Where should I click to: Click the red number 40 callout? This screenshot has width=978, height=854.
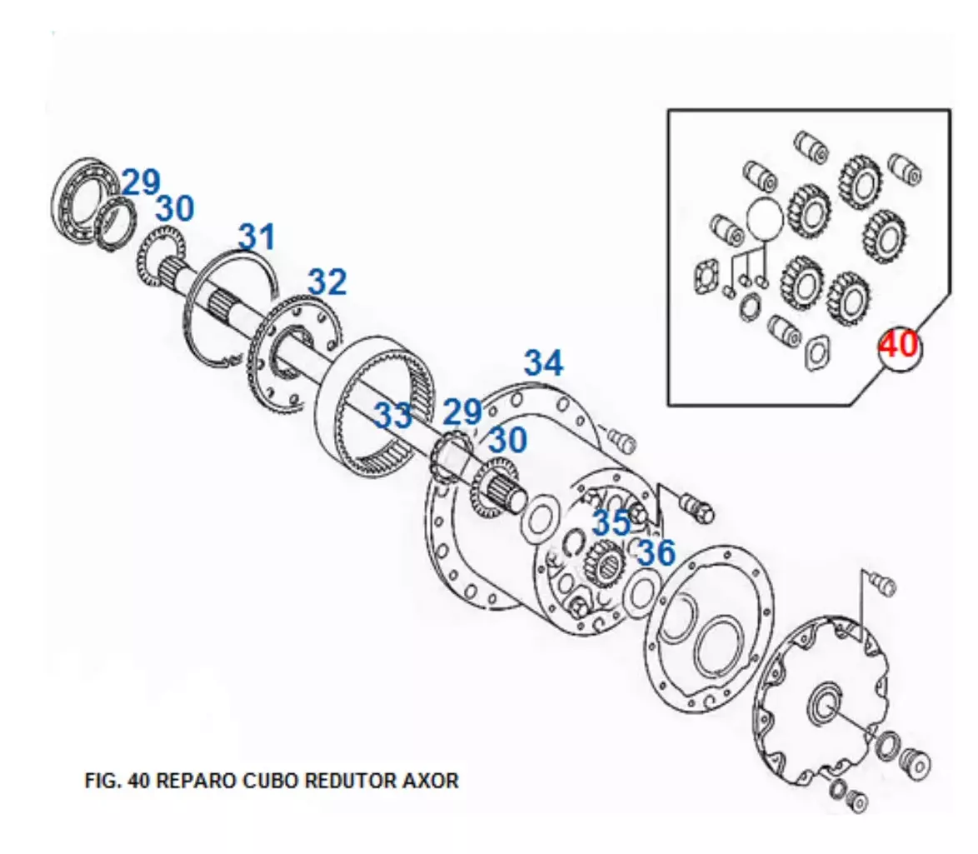(x=899, y=344)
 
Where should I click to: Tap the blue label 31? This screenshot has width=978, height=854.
(x=257, y=237)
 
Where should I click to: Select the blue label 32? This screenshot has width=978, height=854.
(x=327, y=282)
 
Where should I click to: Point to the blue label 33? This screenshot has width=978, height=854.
(x=393, y=415)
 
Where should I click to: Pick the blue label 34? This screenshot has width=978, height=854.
(x=543, y=362)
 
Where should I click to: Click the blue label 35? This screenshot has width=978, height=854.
(x=611, y=522)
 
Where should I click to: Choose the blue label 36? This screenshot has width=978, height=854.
(x=656, y=552)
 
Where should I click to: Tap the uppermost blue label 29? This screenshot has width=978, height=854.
(x=141, y=182)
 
